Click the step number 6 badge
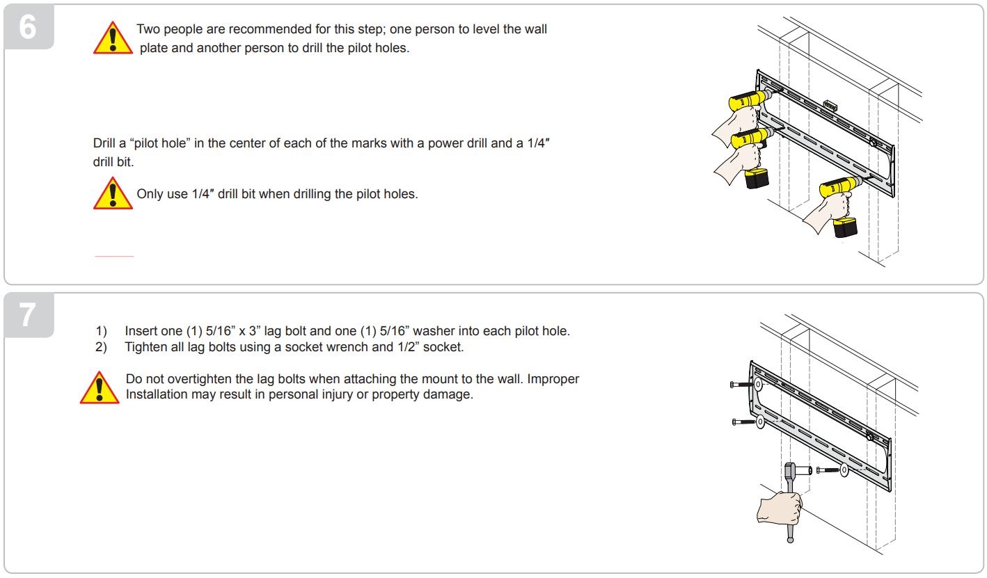coord(29,28)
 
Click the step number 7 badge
coord(29,315)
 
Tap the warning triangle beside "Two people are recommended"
coord(113,38)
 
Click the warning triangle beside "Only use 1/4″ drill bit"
coord(113,193)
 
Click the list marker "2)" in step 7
coord(101,346)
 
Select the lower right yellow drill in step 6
coord(838,188)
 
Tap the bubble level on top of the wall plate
coord(828,104)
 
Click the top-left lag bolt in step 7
coord(742,384)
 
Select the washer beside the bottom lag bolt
coord(844,470)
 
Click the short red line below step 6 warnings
coord(114,257)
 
